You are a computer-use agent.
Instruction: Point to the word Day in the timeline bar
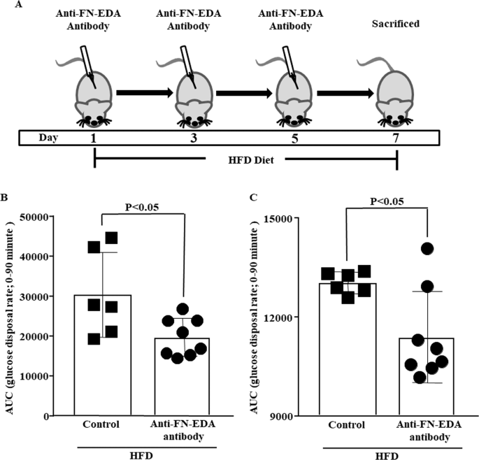pos(38,136)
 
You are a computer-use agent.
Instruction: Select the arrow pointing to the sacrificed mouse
pos(343,92)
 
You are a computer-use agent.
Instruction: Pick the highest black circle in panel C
pos(427,249)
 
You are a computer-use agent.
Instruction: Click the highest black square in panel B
pos(111,238)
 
